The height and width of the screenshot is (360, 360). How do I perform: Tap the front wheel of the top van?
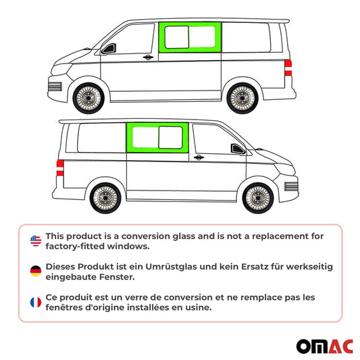(86, 99)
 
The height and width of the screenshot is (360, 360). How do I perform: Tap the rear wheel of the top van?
(241, 97)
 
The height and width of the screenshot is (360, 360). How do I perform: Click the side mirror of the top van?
(108, 49)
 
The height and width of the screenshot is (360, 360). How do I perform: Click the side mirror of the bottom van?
(237, 149)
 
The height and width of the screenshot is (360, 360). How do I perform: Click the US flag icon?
(35, 240)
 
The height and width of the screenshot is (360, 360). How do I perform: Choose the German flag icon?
(35, 270)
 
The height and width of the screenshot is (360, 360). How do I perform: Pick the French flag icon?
(35, 301)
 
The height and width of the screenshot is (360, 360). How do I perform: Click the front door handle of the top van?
(148, 58)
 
